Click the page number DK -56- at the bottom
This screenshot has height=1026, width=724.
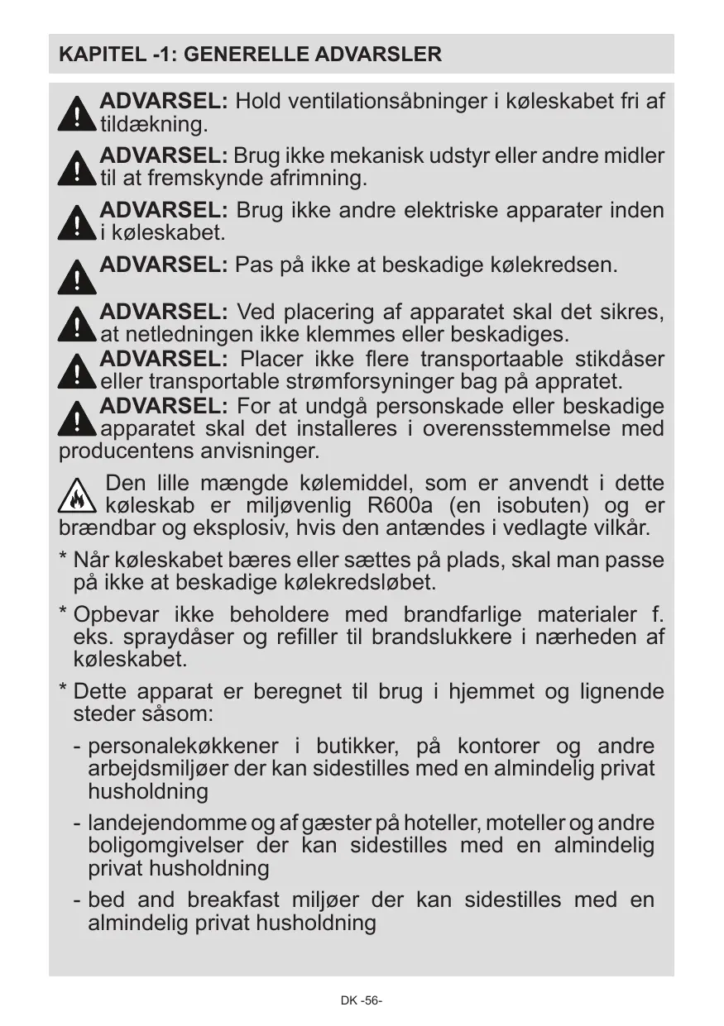[x=362, y=1000]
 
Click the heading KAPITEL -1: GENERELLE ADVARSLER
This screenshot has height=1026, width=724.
[x=250, y=55]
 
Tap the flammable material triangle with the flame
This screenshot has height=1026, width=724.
[x=77, y=495]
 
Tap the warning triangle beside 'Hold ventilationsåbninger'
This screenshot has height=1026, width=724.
[x=77, y=113]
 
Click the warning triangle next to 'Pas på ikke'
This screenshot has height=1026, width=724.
[x=77, y=277]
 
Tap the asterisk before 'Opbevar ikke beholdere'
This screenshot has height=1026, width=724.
[x=63, y=614]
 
